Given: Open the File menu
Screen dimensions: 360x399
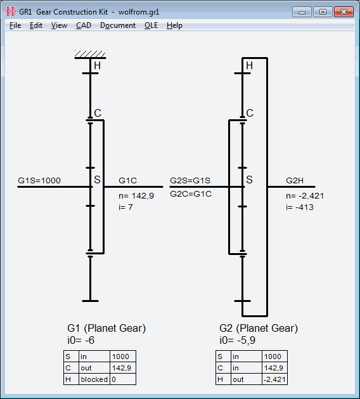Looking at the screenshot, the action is [15, 25].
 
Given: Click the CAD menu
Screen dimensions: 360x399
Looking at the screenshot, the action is [84, 25].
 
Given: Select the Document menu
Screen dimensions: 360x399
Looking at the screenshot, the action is [118, 25].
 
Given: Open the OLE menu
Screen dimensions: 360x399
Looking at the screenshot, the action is [151, 25].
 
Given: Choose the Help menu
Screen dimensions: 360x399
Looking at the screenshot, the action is [174, 25].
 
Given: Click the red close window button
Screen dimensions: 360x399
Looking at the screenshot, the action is [344, 11].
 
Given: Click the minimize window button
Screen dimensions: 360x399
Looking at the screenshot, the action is [302, 11].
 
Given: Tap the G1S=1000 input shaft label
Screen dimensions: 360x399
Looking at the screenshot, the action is [39, 180].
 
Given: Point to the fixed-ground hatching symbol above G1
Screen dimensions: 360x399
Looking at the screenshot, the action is [90, 54].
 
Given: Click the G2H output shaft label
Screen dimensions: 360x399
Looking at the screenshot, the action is [295, 180].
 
